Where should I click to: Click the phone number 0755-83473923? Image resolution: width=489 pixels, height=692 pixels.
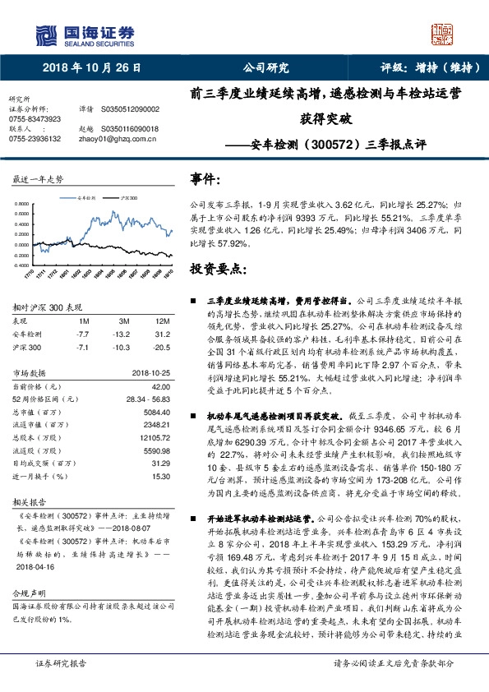[x=34, y=118]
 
